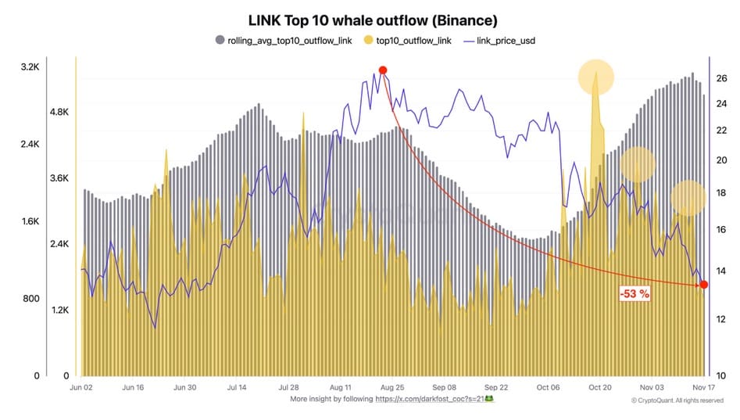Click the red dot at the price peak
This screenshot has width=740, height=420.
click(383, 70)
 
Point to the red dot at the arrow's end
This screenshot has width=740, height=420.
click(703, 284)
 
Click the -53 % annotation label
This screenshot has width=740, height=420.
click(634, 294)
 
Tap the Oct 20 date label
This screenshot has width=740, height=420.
click(599, 387)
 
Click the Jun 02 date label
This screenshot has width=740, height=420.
click(81, 387)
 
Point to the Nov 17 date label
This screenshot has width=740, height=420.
click(703, 387)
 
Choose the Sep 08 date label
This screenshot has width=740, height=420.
click(444, 387)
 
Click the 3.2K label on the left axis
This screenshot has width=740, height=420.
click(30, 68)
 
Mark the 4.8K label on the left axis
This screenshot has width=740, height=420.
click(60, 113)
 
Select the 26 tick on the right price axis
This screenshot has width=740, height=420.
click(721, 78)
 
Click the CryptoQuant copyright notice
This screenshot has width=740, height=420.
click(677, 400)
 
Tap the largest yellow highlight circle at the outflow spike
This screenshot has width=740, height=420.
click(595, 77)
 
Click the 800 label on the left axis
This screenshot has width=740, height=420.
click(30, 299)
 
